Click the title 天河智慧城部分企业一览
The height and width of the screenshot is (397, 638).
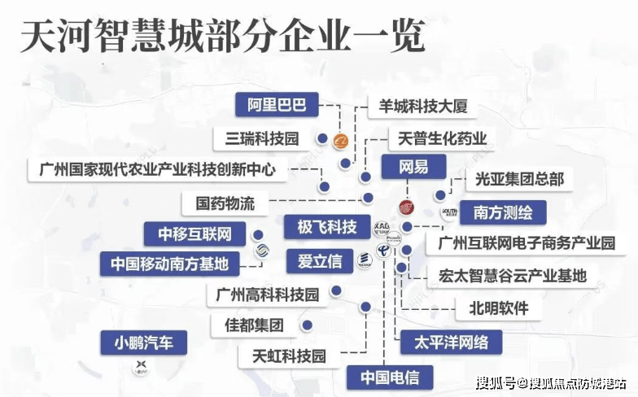point(222,37)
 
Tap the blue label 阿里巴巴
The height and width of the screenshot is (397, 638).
point(277,105)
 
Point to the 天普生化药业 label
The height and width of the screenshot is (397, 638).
point(443,138)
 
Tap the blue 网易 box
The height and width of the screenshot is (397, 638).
point(413,168)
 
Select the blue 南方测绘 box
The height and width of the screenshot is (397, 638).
point(503,212)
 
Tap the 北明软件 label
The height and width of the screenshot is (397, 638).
point(498,308)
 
